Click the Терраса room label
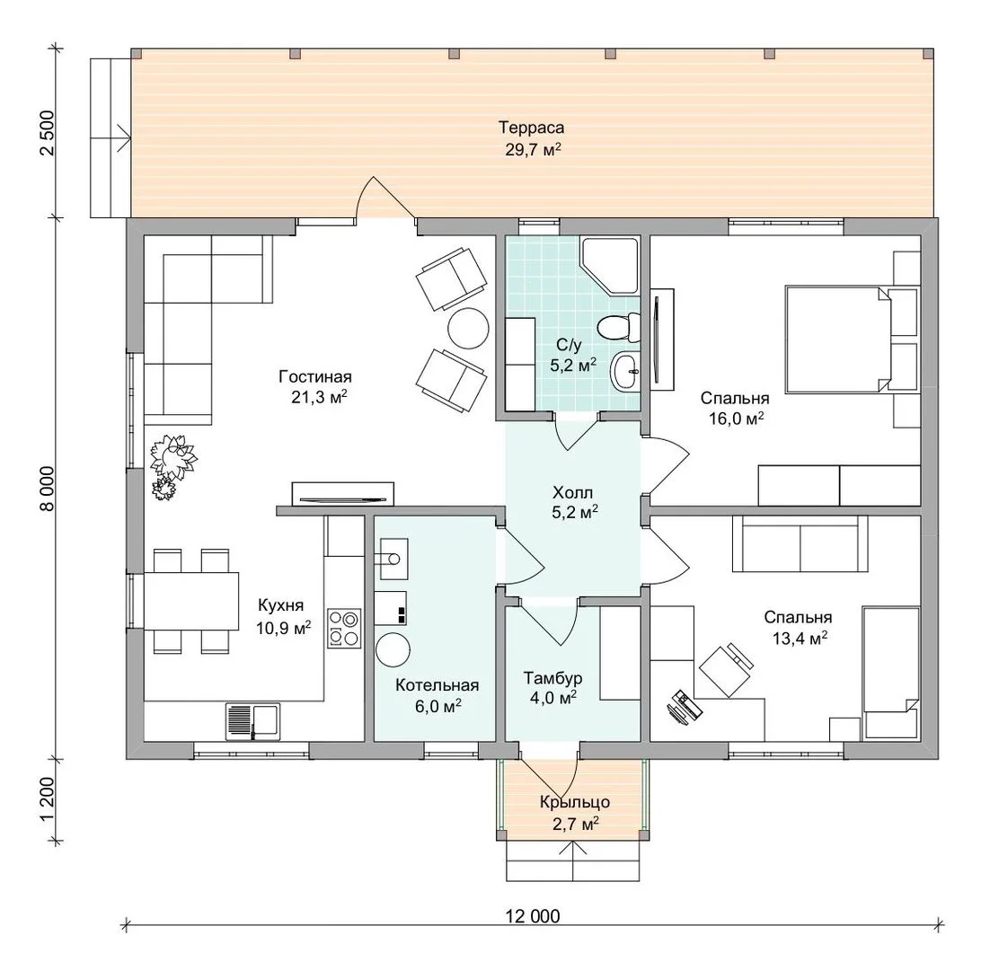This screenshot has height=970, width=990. (x=531, y=128)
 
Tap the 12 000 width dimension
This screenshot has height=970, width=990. (x=532, y=916)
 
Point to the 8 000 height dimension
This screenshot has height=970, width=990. (x=48, y=489)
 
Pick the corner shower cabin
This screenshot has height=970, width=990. (x=610, y=266)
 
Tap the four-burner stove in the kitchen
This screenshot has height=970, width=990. (x=344, y=628)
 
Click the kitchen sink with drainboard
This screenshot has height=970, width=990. (x=252, y=721)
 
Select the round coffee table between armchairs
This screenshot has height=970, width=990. (x=468, y=328)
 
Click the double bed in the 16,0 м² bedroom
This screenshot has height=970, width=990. (x=837, y=339)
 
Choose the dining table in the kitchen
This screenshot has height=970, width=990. (x=192, y=600)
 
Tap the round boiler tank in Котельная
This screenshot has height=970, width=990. (x=393, y=649)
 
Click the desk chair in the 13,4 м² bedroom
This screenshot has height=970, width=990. (x=727, y=670)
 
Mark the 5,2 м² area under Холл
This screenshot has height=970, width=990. (x=575, y=513)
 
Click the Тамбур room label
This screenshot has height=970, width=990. (x=552, y=678)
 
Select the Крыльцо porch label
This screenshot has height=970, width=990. (x=575, y=801)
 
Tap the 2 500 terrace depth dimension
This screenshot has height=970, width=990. (x=48, y=133)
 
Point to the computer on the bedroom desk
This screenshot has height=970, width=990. (x=685, y=708)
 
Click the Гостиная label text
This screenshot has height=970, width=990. (x=315, y=376)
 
